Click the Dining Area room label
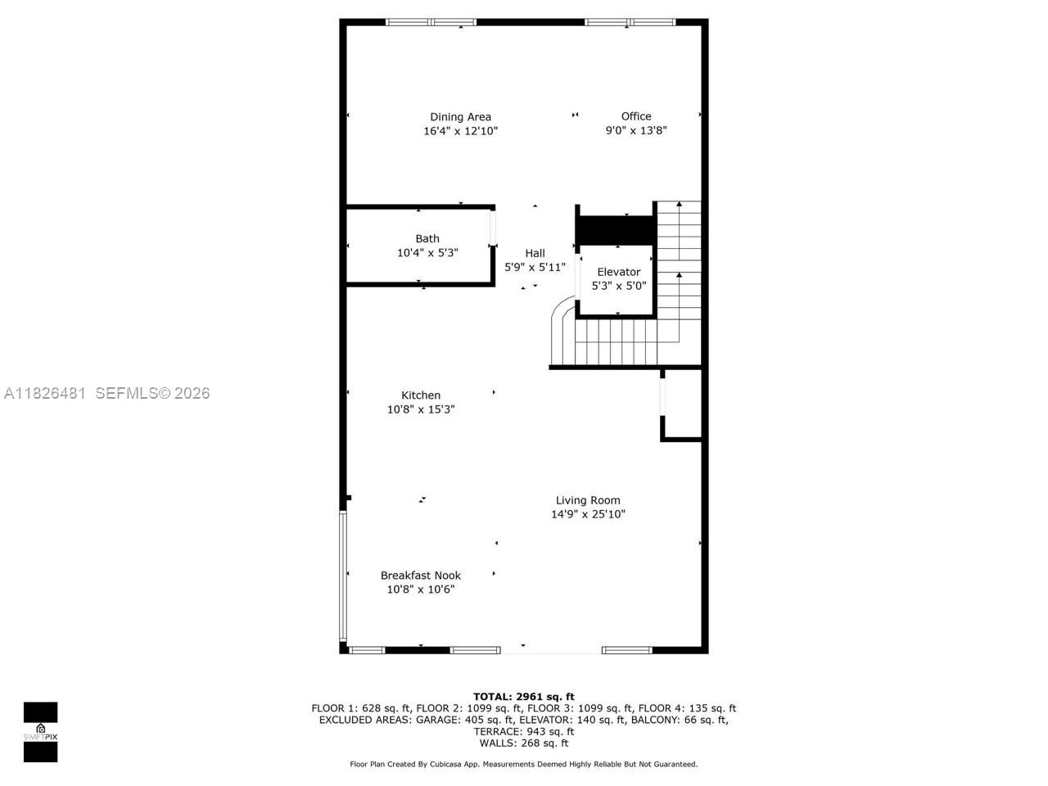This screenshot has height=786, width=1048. coord(460,117)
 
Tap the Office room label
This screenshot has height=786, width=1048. coord(636,116)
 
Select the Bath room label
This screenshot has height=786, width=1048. coord(427,239)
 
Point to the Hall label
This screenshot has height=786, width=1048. coord(535,253)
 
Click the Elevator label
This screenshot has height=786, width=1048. coord(618,272)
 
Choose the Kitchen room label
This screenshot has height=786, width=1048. coord(421,395)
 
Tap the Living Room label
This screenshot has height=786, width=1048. coord(588,500)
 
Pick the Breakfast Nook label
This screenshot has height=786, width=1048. coord(421,576)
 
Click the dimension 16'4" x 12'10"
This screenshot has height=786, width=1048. coord(460,131)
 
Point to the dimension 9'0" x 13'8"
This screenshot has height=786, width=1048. coord(636,130)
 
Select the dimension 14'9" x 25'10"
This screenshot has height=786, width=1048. coord(588,514)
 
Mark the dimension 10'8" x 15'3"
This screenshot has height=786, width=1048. coord(421,409)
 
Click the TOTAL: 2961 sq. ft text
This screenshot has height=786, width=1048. coord(524,697)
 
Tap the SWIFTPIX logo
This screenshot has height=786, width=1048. coord(40,732)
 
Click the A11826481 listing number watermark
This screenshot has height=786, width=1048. coord(45,393)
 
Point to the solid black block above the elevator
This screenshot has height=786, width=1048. coord(616,228)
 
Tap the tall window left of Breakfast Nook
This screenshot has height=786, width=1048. coord(343,576)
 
